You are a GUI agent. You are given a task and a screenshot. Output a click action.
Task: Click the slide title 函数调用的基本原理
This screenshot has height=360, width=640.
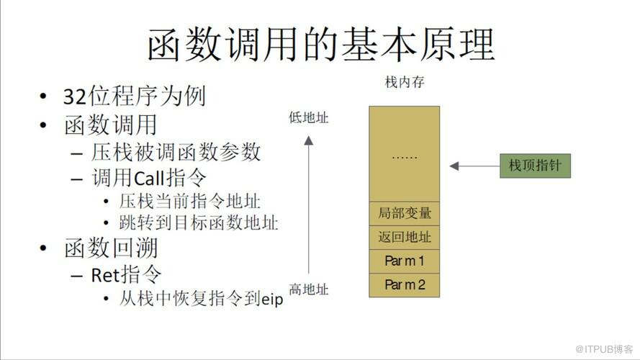coord(321,45)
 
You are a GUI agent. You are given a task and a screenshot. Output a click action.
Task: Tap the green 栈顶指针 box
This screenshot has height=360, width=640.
coord(535,166)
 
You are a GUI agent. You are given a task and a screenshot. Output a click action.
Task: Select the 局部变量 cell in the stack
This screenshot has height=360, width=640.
coord(404,213)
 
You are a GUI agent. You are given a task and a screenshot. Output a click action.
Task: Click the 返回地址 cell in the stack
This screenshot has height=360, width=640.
coord(404,237)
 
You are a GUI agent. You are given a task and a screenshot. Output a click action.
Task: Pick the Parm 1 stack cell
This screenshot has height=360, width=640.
coord(404,261)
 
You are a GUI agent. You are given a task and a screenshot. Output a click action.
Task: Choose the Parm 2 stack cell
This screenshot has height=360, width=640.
coord(404,284)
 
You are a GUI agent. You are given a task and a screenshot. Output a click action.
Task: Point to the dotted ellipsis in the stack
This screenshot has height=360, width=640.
coord(404,157)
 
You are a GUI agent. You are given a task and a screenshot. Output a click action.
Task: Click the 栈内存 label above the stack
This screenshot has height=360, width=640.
coord(405,82)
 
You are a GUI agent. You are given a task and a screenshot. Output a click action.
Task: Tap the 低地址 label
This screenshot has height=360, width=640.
coord(309,117)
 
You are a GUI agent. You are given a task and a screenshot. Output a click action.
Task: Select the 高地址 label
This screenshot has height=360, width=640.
coord(309,289)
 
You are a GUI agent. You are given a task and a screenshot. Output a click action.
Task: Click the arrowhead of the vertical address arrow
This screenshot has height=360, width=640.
coord(309,141)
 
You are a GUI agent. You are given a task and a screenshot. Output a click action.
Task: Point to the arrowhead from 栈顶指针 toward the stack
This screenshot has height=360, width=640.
coord(454,166)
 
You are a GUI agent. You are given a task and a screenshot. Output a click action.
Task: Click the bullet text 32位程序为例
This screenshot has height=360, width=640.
coord(135,96)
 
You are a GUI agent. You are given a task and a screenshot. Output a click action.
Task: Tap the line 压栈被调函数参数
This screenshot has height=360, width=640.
coord(176,152)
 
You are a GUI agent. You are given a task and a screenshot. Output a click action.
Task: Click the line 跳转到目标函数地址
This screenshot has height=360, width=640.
coord(199,223)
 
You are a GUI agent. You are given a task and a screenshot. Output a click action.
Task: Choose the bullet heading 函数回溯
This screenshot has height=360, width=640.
coord(111,248)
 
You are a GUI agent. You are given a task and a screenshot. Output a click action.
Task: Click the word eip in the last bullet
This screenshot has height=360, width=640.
coord(272,300)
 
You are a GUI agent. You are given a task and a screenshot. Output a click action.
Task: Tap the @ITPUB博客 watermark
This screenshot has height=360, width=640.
coord(604,349)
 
